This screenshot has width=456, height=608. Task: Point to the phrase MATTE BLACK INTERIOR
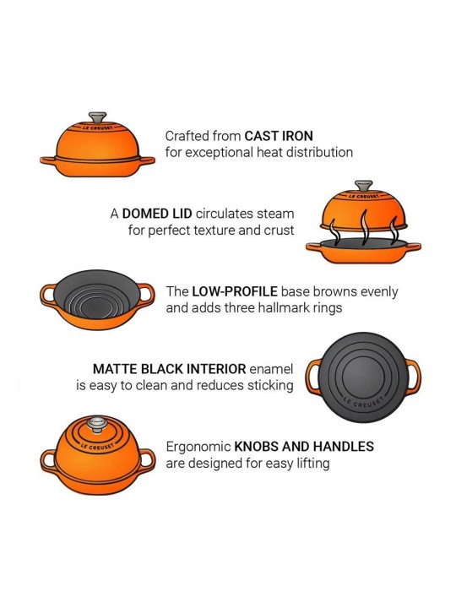169,369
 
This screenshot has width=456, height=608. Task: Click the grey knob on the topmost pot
98,117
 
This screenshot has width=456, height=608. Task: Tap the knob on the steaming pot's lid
364,184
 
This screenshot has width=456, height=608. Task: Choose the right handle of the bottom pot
148,461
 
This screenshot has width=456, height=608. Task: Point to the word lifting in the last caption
309,463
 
